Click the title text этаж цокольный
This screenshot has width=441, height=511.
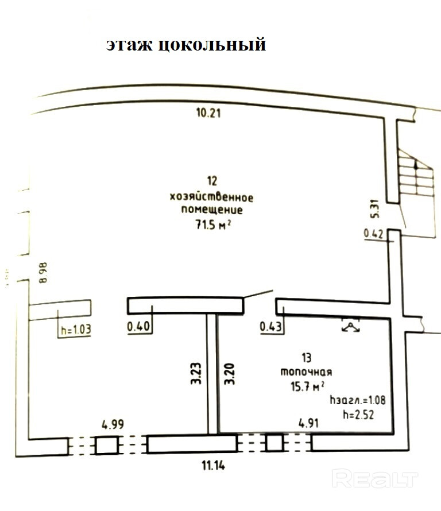185,45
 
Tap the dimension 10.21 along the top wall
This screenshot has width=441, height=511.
208,113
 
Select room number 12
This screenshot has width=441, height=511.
212,182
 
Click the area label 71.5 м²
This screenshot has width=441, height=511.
212,224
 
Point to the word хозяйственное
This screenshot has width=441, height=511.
212,197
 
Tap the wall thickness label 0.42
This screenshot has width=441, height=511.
373,234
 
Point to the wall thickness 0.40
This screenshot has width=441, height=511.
138,327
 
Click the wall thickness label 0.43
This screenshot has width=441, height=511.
271,327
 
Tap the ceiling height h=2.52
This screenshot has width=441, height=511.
357,414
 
